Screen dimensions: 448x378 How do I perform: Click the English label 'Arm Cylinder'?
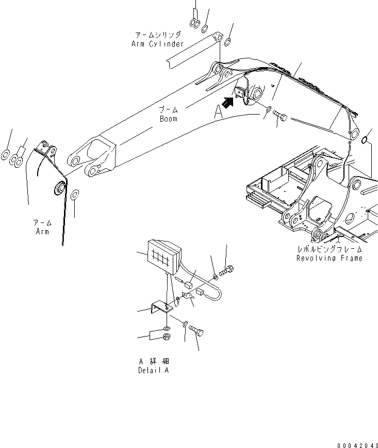point(157,44)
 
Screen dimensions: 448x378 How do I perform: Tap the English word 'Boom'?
point(168,119)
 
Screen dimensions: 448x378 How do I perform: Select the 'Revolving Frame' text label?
point(329,258)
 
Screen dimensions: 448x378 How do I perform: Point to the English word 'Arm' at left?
point(42,232)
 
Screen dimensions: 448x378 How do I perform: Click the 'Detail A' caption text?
point(153,371)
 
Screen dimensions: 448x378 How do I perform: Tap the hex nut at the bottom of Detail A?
point(168,338)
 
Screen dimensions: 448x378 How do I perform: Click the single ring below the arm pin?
point(74,195)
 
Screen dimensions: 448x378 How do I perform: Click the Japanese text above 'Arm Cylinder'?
point(158,35)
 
